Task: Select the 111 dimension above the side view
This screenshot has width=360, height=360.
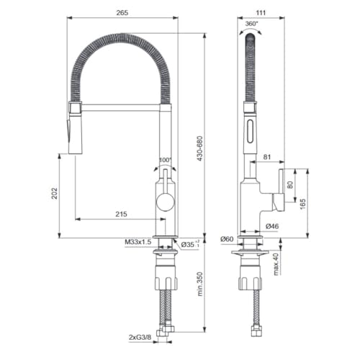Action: (x=251, y=11)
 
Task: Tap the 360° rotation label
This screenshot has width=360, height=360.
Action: (x=251, y=23)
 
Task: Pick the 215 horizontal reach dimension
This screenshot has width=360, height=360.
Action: (x=121, y=214)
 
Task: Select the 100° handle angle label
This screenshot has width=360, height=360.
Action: (x=166, y=160)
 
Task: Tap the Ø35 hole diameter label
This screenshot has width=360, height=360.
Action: (x=188, y=244)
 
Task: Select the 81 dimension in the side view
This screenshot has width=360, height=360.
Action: (x=267, y=156)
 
